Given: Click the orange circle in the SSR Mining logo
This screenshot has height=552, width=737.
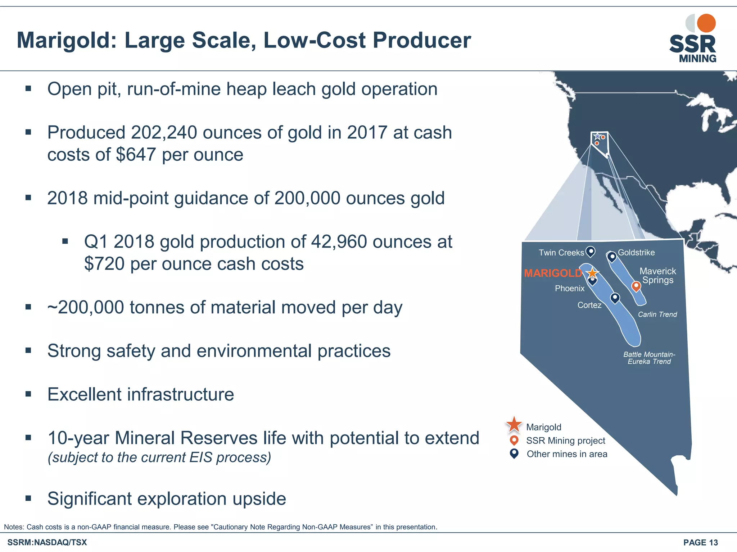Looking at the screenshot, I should click(x=706, y=23).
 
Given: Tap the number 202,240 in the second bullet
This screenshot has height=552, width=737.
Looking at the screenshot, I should click(x=164, y=133).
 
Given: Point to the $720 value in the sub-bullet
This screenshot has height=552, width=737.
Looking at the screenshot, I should click(x=104, y=264).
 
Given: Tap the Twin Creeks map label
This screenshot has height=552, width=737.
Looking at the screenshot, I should click(x=561, y=253).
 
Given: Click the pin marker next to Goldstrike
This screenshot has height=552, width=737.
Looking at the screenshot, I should click(x=611, y=257).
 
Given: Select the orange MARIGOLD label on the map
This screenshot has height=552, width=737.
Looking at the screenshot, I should click(x=552, y=273).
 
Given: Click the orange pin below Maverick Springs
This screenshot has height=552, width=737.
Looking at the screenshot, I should click(x=636, y=286).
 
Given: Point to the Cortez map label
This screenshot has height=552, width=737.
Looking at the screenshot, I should click(x=589, y=305).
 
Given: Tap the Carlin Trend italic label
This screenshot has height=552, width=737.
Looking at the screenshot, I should click(x=657, y=314).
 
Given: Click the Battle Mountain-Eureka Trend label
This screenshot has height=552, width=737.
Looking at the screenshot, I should click(x=649, y=358).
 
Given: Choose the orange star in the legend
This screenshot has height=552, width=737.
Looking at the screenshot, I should click(x=514, y=424).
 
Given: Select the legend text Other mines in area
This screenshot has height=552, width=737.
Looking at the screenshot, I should click(x=567, y=454).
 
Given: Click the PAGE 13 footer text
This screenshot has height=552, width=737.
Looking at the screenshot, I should click(x=700, y=543).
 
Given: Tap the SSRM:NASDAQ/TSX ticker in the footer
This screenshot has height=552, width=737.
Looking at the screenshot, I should click(x=47, y=543).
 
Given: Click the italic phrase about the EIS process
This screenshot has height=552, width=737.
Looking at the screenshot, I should click(x=159, y=457).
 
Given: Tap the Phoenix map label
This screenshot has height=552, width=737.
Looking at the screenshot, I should click(x=570, y=289).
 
